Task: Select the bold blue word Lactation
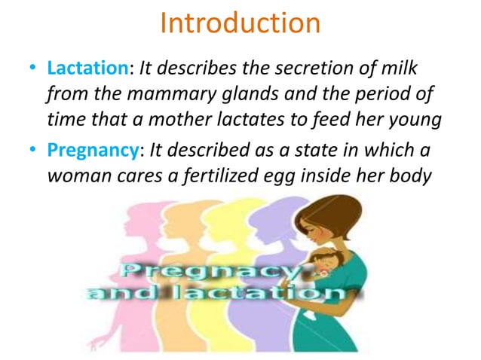tap(88, 69)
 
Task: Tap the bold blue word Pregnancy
tap(95, 149)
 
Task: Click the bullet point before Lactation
tap(32, 70)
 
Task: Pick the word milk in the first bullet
tap(399, 69)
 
